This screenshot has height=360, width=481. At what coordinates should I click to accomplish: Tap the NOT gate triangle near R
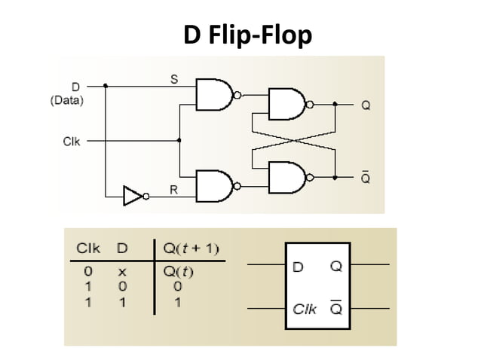click(133, 197)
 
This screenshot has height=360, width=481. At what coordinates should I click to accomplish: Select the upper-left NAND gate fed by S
click(214, 94)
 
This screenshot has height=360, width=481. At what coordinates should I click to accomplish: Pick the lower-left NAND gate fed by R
click(214, 185)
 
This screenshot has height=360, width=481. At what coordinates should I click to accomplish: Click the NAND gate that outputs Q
click(286, 105)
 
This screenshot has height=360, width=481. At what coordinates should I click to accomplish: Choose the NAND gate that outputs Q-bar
click(286, 177)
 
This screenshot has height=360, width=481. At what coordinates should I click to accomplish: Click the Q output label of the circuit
click(366, 105)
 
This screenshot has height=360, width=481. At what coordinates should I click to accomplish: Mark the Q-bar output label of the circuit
click(366, 177)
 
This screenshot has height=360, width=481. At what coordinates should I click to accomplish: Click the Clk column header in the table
click(86, 249)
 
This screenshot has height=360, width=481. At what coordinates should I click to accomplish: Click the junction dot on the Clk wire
click(179, 140)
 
